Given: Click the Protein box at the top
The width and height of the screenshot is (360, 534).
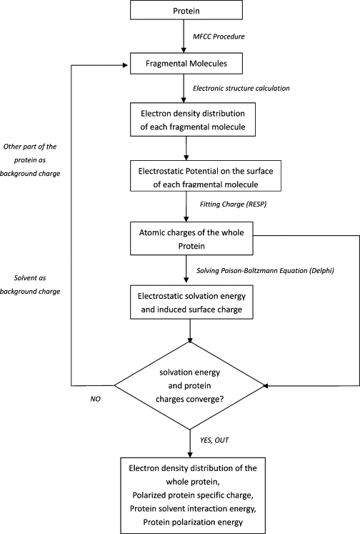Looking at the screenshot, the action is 186,10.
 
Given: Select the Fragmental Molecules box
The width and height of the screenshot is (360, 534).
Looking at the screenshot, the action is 186,64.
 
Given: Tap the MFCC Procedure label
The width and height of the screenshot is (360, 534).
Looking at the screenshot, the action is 219,36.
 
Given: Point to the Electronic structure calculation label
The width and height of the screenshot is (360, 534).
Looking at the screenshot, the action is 241,88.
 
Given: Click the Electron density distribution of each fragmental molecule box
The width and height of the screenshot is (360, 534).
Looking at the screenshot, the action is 193,119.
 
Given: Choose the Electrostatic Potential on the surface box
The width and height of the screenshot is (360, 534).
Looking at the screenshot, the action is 206,176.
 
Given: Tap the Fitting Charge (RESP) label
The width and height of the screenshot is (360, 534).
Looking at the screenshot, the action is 233,204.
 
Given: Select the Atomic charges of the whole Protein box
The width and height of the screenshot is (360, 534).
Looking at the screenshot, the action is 191,239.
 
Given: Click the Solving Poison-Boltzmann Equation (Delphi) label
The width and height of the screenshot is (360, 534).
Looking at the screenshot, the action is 265,270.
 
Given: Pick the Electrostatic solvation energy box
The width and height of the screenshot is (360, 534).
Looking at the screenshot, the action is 191,302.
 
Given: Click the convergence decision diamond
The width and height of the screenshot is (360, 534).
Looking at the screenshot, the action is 189,385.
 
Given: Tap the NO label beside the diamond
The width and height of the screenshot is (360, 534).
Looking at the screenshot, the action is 95,399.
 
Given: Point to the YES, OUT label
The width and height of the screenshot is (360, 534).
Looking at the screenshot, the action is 214,440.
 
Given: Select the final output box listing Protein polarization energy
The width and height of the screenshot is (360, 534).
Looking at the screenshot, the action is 193,495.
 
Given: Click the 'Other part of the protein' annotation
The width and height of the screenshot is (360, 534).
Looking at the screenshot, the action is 30,159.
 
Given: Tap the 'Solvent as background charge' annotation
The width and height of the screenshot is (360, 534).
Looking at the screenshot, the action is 30,285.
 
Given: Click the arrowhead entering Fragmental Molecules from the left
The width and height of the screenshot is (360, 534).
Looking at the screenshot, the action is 127,65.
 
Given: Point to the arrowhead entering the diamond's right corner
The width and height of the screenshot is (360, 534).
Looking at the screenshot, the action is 266,385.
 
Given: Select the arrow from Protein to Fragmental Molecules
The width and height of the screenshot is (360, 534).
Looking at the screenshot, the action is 184,36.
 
